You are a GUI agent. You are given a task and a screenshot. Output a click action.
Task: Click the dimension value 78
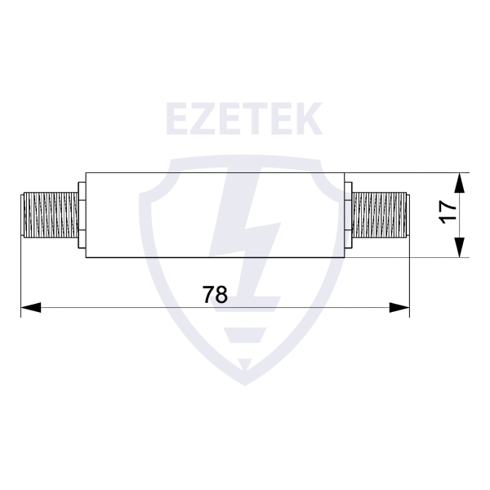tap(215, 294)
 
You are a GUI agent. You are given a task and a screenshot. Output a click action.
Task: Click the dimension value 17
tap(448, 212)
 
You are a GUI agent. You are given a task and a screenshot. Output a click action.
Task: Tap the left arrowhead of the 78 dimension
tap(31, 308)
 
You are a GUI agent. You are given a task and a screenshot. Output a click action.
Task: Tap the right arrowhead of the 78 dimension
tap(399, 308)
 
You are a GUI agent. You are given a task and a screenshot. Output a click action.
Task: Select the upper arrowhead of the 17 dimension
tap(459, 183)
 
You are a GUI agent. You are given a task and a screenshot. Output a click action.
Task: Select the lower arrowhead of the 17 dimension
tap(459, 247)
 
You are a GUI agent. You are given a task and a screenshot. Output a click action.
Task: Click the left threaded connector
tap(49, 215)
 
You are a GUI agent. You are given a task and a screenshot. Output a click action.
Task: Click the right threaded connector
tap(380, 215)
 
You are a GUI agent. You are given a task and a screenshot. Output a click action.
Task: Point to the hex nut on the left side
tap(82, 215)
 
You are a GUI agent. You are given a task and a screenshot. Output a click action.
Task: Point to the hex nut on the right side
tap(348, 215)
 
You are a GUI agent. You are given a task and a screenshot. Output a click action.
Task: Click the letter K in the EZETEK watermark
tap(307, 118)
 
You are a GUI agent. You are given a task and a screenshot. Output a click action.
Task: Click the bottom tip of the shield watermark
tap(245, 385)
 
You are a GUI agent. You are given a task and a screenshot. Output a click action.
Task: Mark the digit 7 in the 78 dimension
tap(208, 294)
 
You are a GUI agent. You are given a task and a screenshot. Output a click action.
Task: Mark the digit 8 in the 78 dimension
tap(221, 294)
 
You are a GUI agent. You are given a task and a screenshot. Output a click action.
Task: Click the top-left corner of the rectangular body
tap(86, 172)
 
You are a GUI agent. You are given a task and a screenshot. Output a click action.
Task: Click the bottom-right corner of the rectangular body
tap(345, 257)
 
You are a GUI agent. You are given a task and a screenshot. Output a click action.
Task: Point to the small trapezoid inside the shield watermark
tap(245, 335)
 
